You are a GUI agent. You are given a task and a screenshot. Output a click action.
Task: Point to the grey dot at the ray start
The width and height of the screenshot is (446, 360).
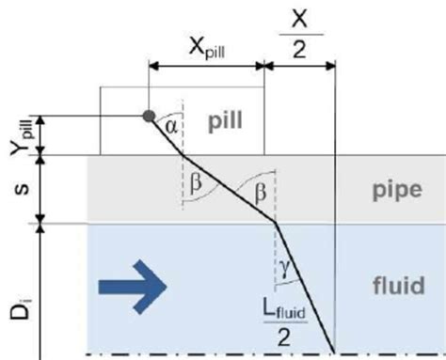pyautogui.click(x=148, y=117)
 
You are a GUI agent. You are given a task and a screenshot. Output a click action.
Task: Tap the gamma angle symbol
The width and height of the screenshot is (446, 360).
pyautogui.click(x=286, y=270)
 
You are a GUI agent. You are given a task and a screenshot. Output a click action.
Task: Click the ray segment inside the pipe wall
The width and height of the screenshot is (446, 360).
pyautogui.click(x=229, y=189)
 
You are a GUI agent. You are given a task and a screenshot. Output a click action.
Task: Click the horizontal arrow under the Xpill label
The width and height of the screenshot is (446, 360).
pyautogui.click(x=206, y=66)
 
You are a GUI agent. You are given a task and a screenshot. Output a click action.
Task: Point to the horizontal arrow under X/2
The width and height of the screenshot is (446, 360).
pyautogui.click(x=300, y=66)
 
